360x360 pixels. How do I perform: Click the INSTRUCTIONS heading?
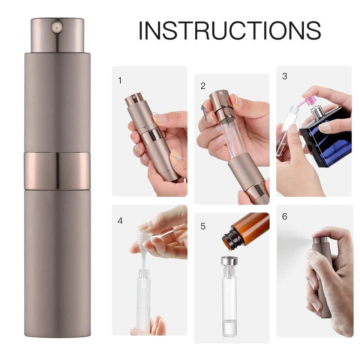pos(229,30)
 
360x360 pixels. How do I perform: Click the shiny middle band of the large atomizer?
pos(57,171)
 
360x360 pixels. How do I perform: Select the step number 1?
pos(120,81)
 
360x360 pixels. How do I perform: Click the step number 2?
pos(203,86)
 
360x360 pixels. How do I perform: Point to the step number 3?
pos(285,76)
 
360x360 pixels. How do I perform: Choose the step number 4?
pos(120,221)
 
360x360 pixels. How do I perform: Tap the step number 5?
pos(203,226)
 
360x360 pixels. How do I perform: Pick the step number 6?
pos(285,216)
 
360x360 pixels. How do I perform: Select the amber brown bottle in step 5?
pos(246,229)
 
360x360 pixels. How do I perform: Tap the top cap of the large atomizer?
pos(57,35)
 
